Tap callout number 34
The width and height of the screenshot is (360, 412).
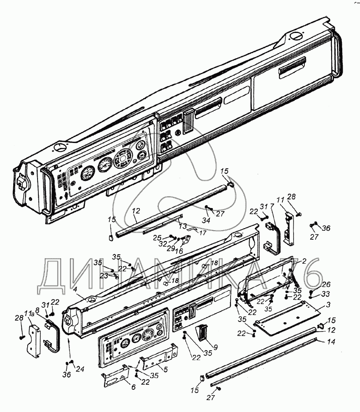click(206, 221)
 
